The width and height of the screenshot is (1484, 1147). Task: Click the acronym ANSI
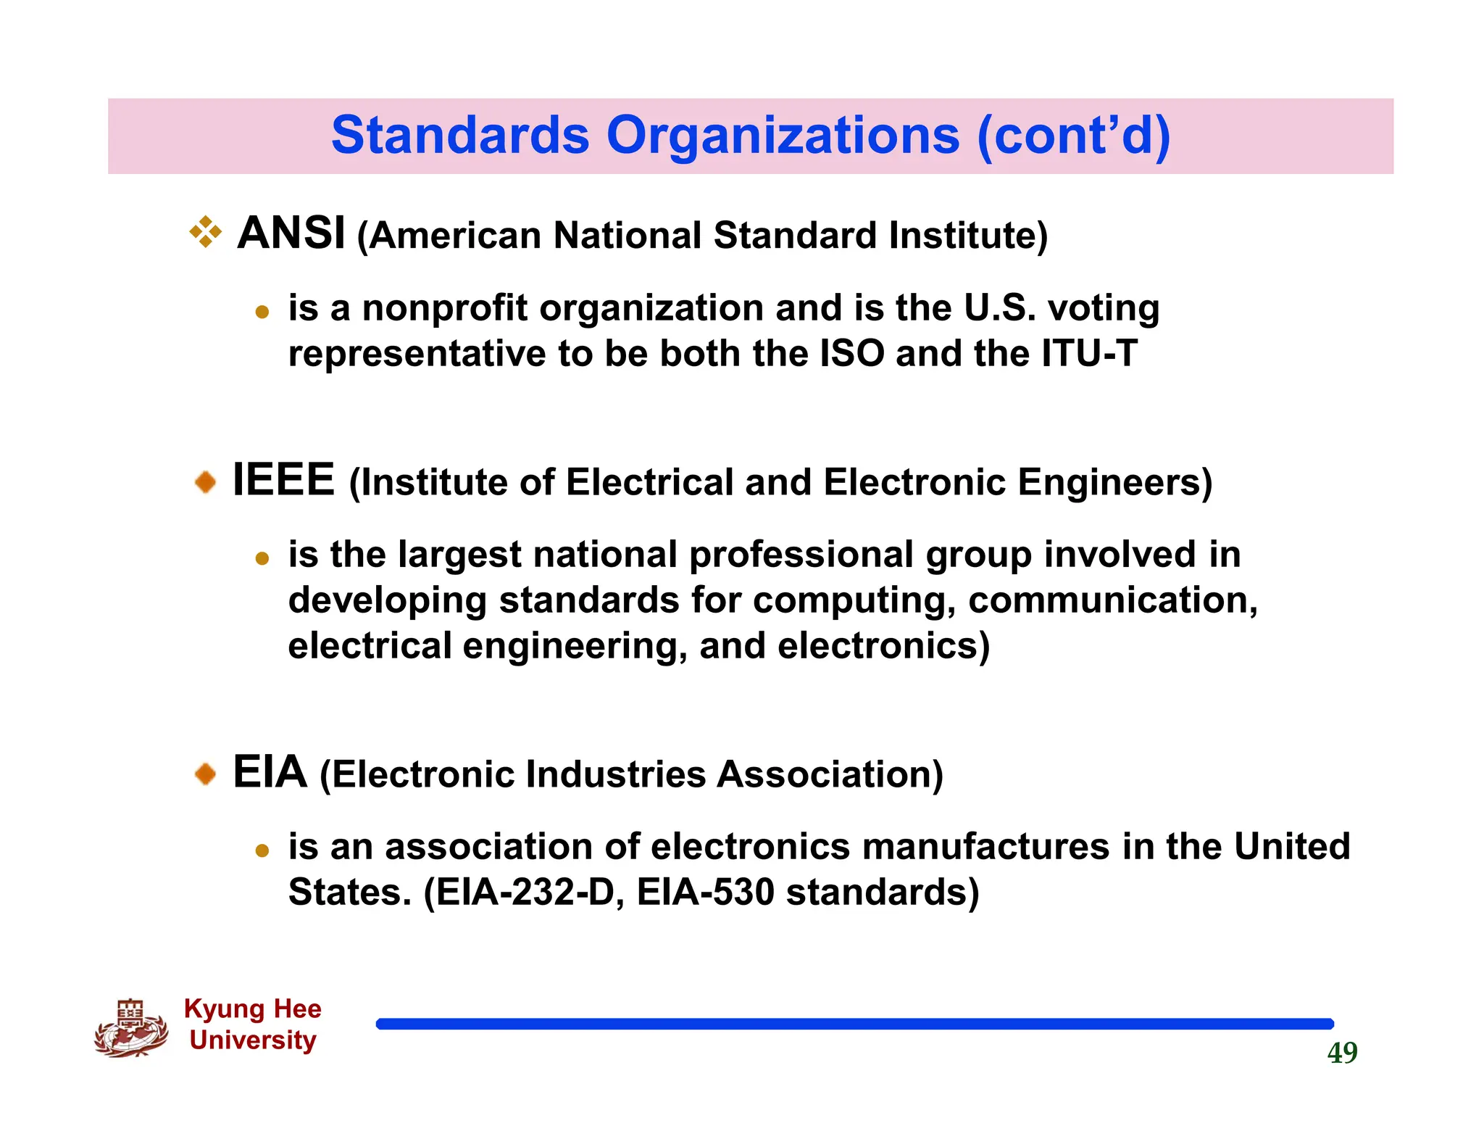[x=291, y=233]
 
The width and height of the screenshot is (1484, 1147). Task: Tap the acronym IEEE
[x=283, y=480]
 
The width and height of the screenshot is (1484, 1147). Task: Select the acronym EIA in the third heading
[x=270, y=772]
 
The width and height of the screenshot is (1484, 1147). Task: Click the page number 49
[x=1342, y=1053]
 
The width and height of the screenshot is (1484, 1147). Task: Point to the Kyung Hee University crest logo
[x=131, y=1028]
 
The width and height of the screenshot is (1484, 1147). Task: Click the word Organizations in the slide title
[x=783, y=136]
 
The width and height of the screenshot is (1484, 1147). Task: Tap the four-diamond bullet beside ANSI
[x=206, y=233]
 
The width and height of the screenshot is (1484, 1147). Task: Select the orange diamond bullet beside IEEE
[x=206, y=481]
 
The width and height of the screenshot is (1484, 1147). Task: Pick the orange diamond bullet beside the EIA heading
[x=206, y=774]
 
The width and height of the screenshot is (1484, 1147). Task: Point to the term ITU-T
[x=1089, y=354]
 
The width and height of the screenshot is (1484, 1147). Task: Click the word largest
[x=459, y=555]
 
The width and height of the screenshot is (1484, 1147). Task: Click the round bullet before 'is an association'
[x=262, y=850]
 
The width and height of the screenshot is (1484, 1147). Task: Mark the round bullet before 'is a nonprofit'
[x=262, y=312]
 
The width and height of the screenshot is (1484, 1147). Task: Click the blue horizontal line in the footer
[x=855, y=1024]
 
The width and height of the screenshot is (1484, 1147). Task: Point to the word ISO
[x=851, y=354]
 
